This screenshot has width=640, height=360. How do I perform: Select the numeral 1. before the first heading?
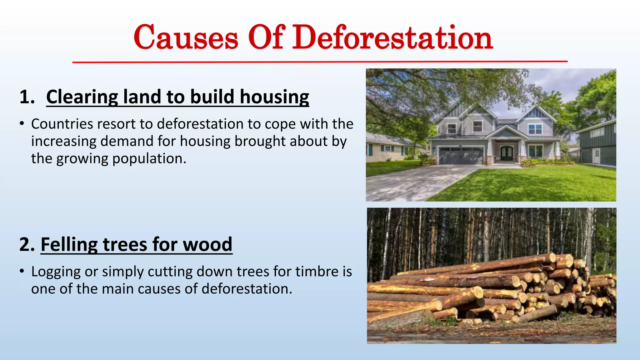point(27,97)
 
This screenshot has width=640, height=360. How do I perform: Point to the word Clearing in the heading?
point(82,97)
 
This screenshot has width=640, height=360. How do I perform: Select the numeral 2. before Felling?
point(27,244)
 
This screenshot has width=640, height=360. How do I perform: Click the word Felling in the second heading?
point(69,244)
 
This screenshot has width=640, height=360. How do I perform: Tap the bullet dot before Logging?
point(22,271)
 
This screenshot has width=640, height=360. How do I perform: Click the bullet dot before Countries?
point(22,124)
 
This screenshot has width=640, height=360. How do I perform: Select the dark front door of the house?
point(507,153)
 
